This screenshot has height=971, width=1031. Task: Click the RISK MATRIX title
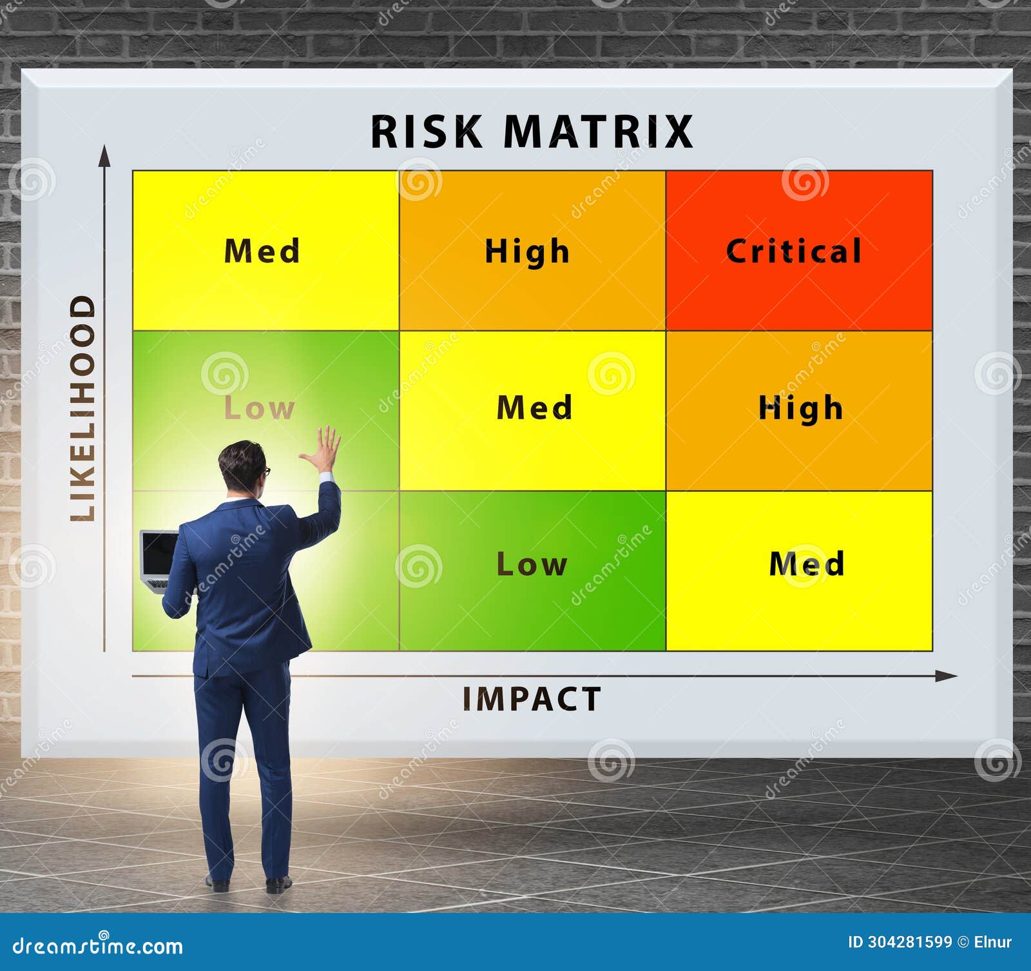(532, 132)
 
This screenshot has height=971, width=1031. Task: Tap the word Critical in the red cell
(794, 251)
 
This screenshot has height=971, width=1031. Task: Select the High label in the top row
(527, 251)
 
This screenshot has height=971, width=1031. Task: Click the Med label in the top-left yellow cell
(262, 251)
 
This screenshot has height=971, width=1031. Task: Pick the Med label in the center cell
(534, 407)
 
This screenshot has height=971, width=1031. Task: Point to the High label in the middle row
(800, 408)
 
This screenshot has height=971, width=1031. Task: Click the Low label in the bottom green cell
(532, 564)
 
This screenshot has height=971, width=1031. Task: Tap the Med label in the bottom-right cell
(806, 564)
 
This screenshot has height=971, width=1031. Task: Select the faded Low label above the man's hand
(259, 408)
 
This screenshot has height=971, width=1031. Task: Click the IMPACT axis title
(532, 699)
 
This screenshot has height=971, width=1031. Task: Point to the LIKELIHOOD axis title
(83, 407)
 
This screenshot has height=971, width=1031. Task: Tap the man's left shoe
(217, 882)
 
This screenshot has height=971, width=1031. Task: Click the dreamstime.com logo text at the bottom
(98, 946)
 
